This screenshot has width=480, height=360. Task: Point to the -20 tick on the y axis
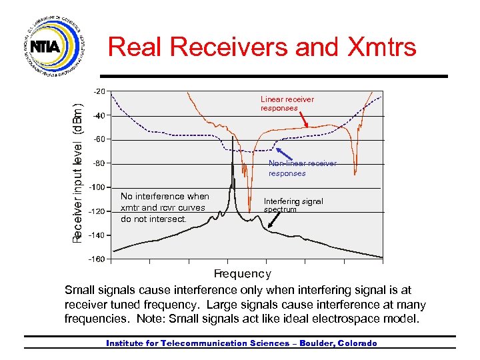[99, 91]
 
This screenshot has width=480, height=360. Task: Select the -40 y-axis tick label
[99, 115]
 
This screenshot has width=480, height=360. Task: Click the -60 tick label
[99, 139]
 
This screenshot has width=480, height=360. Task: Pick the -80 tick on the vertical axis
[99, 163]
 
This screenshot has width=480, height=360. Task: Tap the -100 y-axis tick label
[97, 187]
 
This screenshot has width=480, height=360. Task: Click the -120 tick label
[97, 211]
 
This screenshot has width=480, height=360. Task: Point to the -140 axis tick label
[97, 235]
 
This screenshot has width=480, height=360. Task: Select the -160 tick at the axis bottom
[97, 259]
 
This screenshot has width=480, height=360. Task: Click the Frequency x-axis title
[242, 273]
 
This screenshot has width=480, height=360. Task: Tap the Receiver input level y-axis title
[78, 172]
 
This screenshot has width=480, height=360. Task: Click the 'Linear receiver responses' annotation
[287, 103]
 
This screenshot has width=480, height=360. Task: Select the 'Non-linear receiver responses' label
[303, 168]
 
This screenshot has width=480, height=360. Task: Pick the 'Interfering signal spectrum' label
[293, 205]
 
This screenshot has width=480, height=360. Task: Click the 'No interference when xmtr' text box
[165, 207]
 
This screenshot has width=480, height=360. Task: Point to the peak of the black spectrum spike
[233, 138]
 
